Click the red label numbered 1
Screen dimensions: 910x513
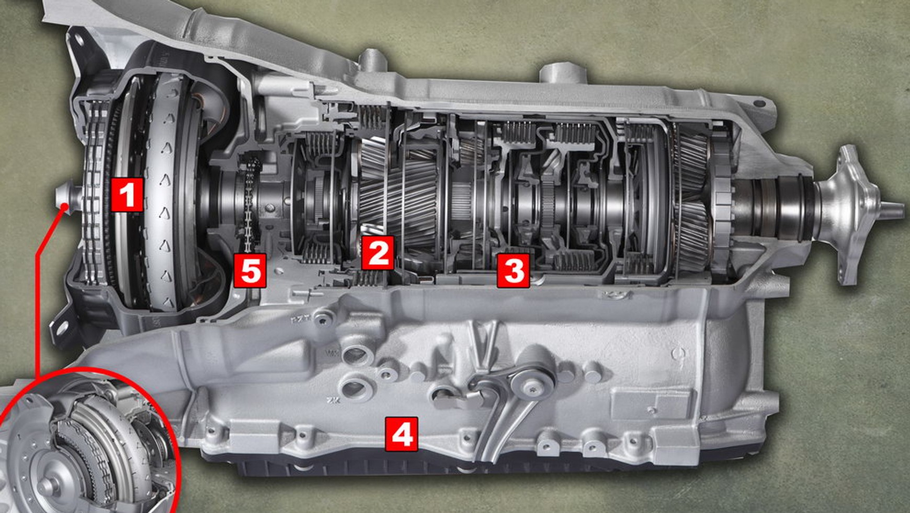coord(127,194)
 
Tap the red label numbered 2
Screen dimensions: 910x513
coord(378,253)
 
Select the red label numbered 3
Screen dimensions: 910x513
coord(513,270)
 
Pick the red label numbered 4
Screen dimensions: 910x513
coord(401,434)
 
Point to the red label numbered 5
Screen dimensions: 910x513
coord(249,271)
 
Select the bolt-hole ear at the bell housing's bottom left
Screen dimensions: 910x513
coord(62,327)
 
